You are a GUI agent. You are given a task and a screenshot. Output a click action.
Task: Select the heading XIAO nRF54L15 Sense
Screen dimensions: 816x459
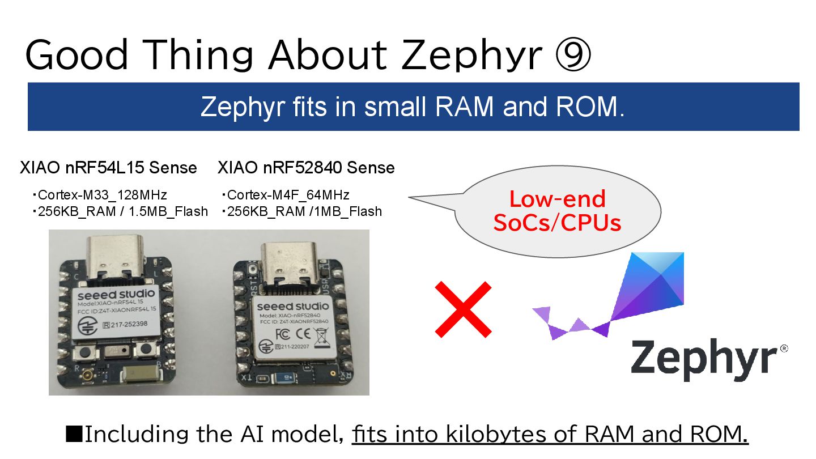pos(108,168)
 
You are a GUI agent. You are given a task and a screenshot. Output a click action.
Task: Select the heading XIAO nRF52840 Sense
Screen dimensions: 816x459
pos(306,168)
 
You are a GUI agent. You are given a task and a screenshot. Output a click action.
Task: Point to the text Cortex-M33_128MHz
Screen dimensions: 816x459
pos(102,195)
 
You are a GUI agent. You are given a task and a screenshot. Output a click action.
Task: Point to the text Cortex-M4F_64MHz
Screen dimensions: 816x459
pos(288,195)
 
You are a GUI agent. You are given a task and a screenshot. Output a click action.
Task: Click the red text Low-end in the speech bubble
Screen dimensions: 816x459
pos(557,199)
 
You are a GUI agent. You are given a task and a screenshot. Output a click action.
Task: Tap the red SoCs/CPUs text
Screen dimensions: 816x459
pos(557,223)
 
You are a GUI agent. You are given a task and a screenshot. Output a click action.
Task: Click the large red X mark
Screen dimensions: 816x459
pos(462,309)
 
